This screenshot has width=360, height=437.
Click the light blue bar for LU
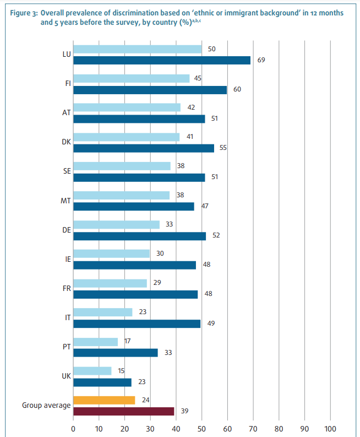point(138,50)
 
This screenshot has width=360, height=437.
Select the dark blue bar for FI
point(150,89)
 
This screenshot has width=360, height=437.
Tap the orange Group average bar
point(104,400)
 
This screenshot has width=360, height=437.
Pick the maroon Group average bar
point(123,411)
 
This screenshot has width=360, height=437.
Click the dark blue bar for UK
point(102,382)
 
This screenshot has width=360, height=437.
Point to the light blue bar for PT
point(95,342)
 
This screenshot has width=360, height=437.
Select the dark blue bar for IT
point(137,323)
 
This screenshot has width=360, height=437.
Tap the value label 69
point(261,60)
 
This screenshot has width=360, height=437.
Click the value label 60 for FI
point(237,89)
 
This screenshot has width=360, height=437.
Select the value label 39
point(185,411)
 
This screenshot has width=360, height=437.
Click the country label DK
point(66,142)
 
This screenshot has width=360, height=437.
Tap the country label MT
point(66,201)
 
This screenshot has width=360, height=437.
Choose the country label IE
point(67,259)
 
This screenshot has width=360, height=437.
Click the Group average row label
point(46,406)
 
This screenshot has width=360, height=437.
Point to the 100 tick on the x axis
point(330,428)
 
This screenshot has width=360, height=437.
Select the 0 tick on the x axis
point(73,428)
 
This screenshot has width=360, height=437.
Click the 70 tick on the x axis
point(253,428)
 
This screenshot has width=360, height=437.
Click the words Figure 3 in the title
point(22,12)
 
